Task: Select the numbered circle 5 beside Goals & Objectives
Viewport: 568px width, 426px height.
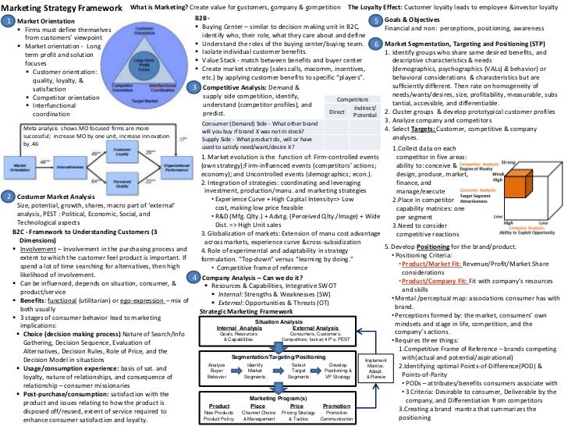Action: tap(375, 20)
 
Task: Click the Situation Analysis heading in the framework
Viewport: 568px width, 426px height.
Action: tap(279, 300)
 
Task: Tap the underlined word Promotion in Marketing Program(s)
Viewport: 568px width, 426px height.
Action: tap(336, 406)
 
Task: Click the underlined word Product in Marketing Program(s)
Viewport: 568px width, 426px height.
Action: tap(219, 406)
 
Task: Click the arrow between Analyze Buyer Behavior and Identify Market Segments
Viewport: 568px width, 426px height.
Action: tap(236, 349)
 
